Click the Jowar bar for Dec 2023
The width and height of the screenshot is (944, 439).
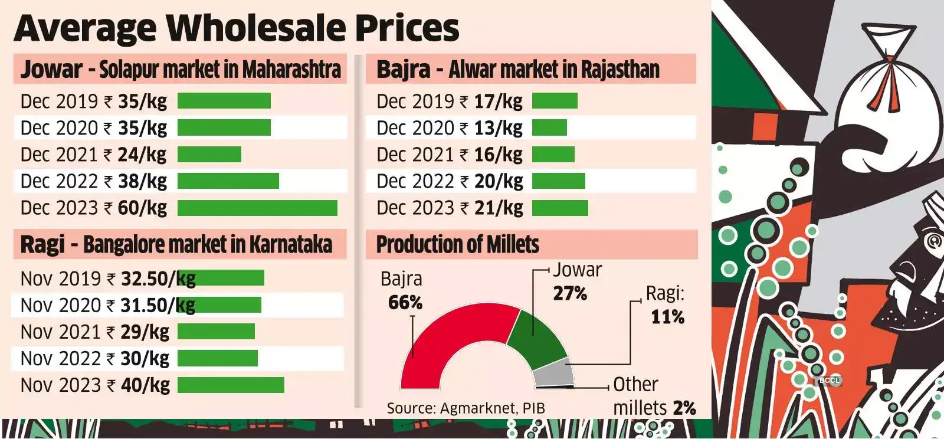coord(257,208)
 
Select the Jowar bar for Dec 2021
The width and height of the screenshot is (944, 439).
coord(209,155)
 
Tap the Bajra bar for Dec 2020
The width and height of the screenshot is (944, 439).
coord(549,128)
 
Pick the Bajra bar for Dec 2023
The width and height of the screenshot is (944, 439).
coord(560,208)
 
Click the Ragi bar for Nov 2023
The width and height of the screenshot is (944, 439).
coord(231,385)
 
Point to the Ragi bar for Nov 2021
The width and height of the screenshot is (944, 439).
coord(216,332)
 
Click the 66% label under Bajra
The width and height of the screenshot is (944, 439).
coord(405,303)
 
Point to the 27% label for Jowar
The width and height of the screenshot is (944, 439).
coord(570,293)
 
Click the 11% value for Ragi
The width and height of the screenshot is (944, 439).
coord(667,317)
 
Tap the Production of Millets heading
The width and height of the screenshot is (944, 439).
coord(458,244)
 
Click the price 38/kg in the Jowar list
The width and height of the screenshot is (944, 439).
coord(142,181)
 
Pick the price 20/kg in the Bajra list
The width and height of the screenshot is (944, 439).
coord(499,181)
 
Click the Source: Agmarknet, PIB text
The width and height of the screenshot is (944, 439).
coord(466,408)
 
